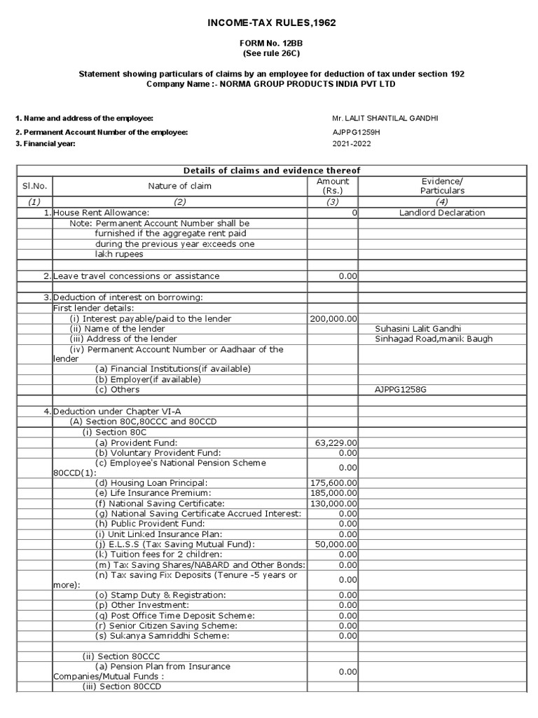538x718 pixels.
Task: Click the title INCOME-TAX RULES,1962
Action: click(x=271, y=22)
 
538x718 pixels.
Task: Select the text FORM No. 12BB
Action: click(x=271, y=43)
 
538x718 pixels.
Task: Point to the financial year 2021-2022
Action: click(x=352, y=144)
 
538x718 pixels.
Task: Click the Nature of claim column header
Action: click(x=179, y=186)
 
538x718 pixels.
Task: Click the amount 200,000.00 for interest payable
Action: click(x=333, y=318)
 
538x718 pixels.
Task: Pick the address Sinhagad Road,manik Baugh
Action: click(x=434, y=339)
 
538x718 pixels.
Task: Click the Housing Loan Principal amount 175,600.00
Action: click(x=333, y=483)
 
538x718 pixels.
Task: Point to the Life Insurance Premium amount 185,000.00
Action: click(x=333, y=494)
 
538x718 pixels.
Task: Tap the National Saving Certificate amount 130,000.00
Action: click(x=333, y=503)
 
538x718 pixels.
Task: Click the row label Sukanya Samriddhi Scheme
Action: click(x=163, y=636)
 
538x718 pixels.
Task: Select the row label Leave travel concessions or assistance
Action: click(x=137, y=276)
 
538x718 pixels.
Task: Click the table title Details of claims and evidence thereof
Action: click(x=271, y=170)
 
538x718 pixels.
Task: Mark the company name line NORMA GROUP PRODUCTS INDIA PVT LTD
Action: click(x=271, y=83)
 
